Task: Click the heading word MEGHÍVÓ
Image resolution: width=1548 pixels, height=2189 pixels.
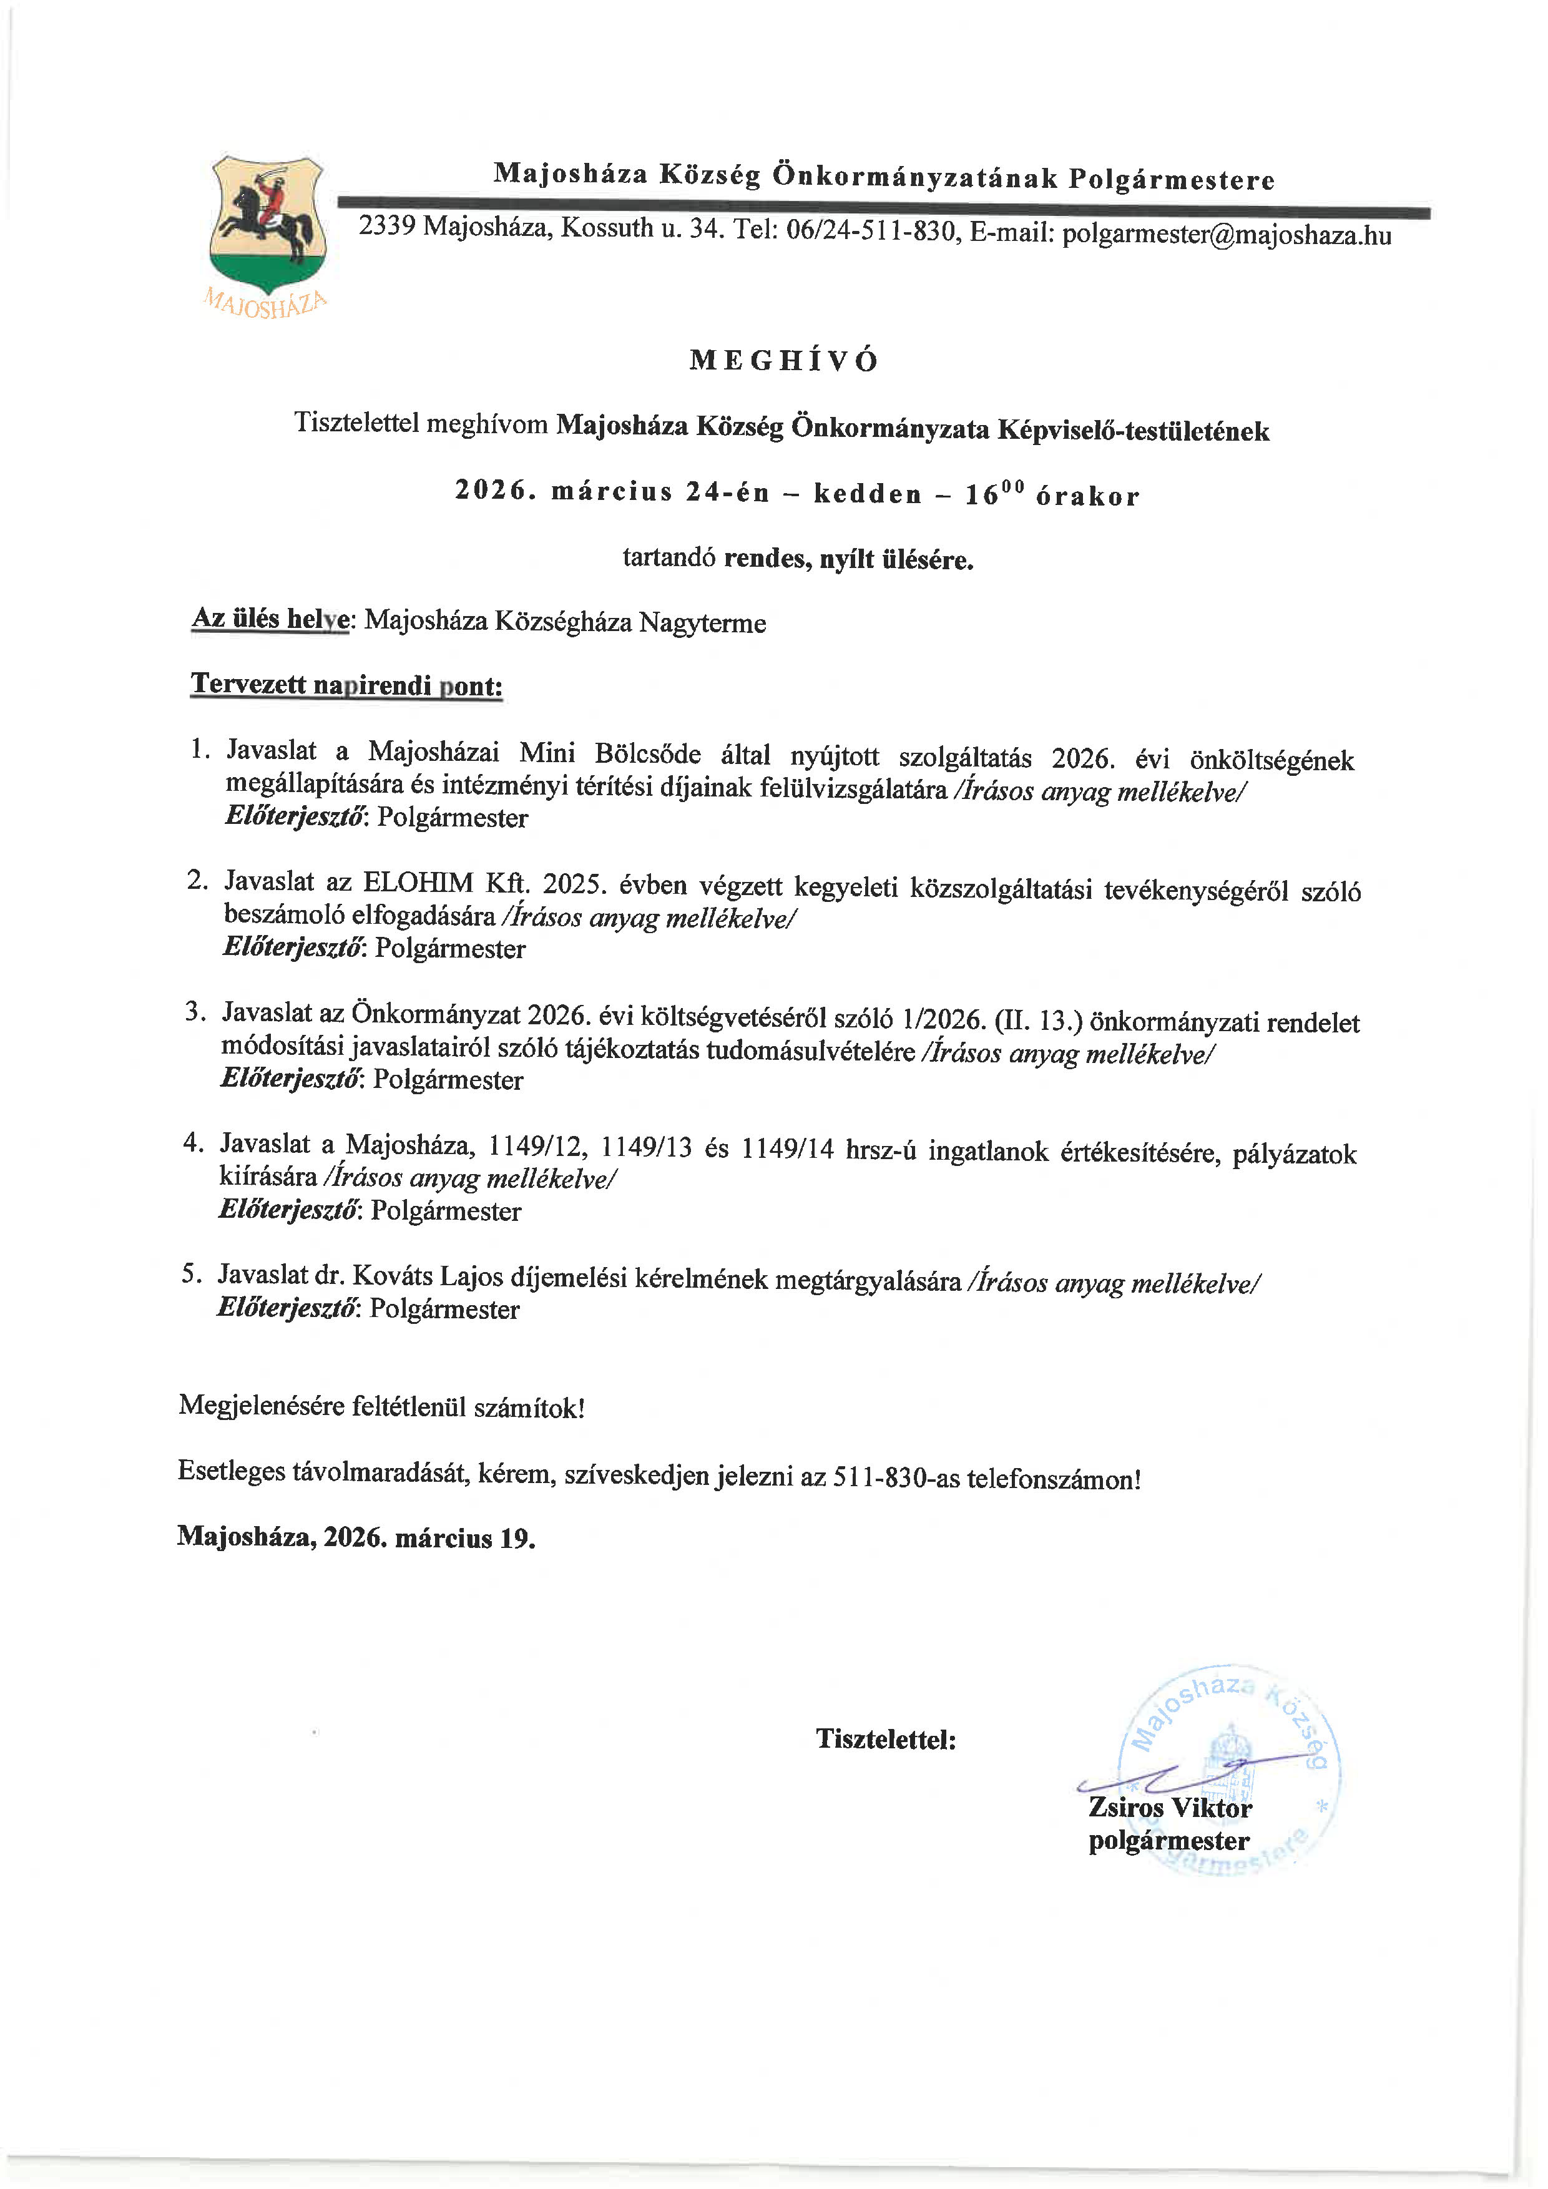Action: [783, 360]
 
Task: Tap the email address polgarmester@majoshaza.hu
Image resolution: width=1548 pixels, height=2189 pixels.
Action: [1226, 235]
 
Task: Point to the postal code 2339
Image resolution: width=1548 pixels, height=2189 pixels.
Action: [386, 226]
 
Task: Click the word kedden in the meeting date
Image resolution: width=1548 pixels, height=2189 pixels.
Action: [868, 494]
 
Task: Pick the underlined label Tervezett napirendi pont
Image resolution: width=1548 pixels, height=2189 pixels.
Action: [347, 685]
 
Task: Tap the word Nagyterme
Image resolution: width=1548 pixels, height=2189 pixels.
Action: [702, 624]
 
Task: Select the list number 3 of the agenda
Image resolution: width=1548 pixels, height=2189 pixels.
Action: [195, 1011]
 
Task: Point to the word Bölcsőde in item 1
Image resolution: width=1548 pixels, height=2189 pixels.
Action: [647, 754]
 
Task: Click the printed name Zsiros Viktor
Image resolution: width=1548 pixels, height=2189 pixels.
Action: [1170, 1808]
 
